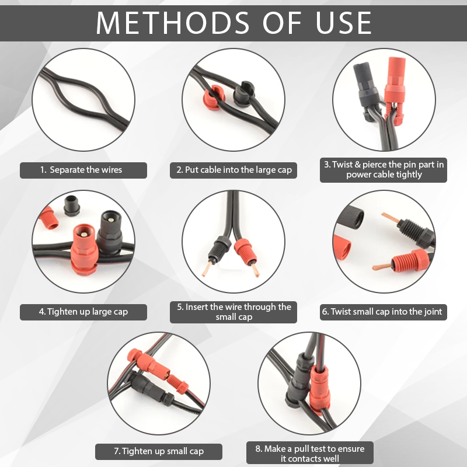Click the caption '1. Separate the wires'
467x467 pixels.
coord(83,170)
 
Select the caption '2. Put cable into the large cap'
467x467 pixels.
coord(233,170)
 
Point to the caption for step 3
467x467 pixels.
coord(384,169)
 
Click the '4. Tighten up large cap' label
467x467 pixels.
coord(83,312)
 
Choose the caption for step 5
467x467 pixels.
coord(233,312)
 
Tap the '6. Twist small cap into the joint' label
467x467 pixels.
coord(384,312)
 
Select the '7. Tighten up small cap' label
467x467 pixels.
coord(159,451)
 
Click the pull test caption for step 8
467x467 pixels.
coord(309,454)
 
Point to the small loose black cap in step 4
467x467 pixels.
coord(73,205)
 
